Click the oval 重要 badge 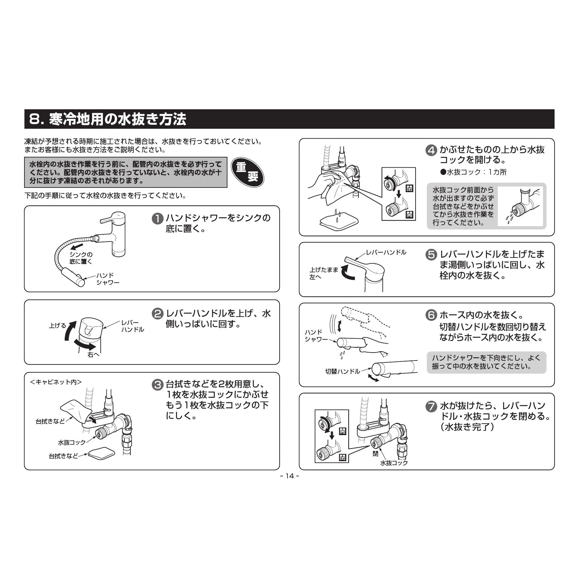coord(247,172)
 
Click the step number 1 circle coord(157,219)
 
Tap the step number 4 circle coord(431,151)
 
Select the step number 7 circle coord(431,406)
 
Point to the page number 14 coord(289,476)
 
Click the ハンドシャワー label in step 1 coord(108,279)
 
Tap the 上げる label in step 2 coord(57,326)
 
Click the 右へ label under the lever coord(93,355)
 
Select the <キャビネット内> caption coord(56,382)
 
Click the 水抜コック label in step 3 coord(72,442)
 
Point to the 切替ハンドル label coord(343,371)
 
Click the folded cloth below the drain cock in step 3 coord(101,453)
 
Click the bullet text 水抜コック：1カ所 coord(473,172)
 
